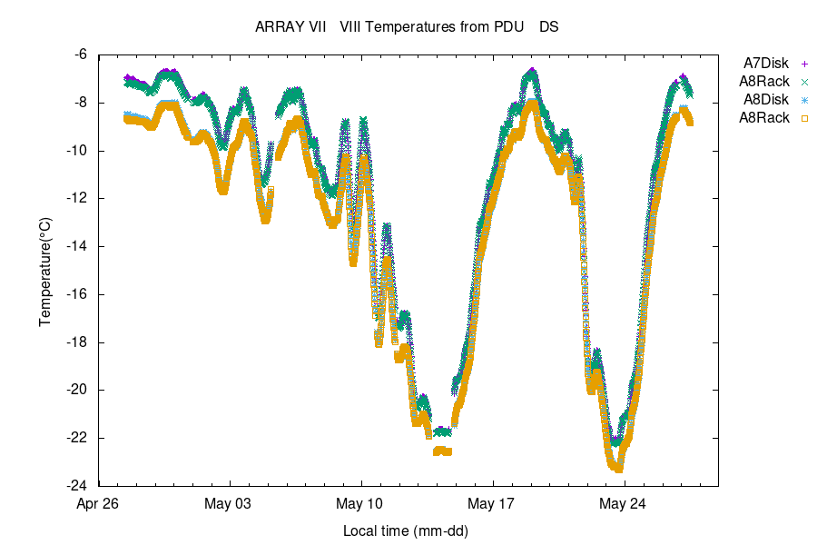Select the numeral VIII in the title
coord(352,27)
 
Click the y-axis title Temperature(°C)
coord(45,271)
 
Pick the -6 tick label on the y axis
coord(80,54)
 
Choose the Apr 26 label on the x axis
coord(98,503)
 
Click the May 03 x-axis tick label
coord(230,503)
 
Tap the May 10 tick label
coord(361,503)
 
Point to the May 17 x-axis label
coord(493,503)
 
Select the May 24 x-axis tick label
coord(625,503)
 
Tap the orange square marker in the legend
coord(804,118)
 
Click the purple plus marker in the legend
coord(804,64)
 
